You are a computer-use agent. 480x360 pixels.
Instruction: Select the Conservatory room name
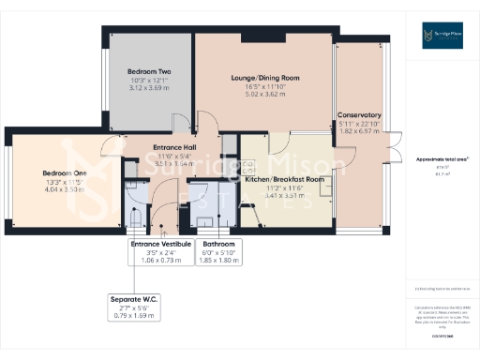pyautogui.click(x=360, y=115)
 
